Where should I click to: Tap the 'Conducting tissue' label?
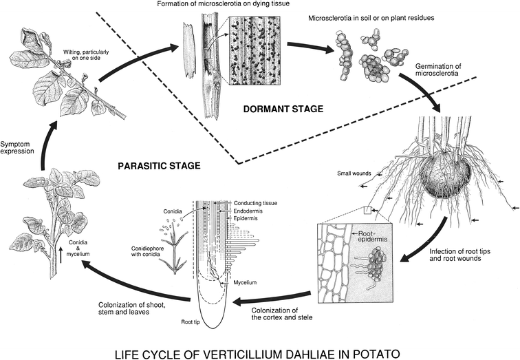[257, 203]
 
